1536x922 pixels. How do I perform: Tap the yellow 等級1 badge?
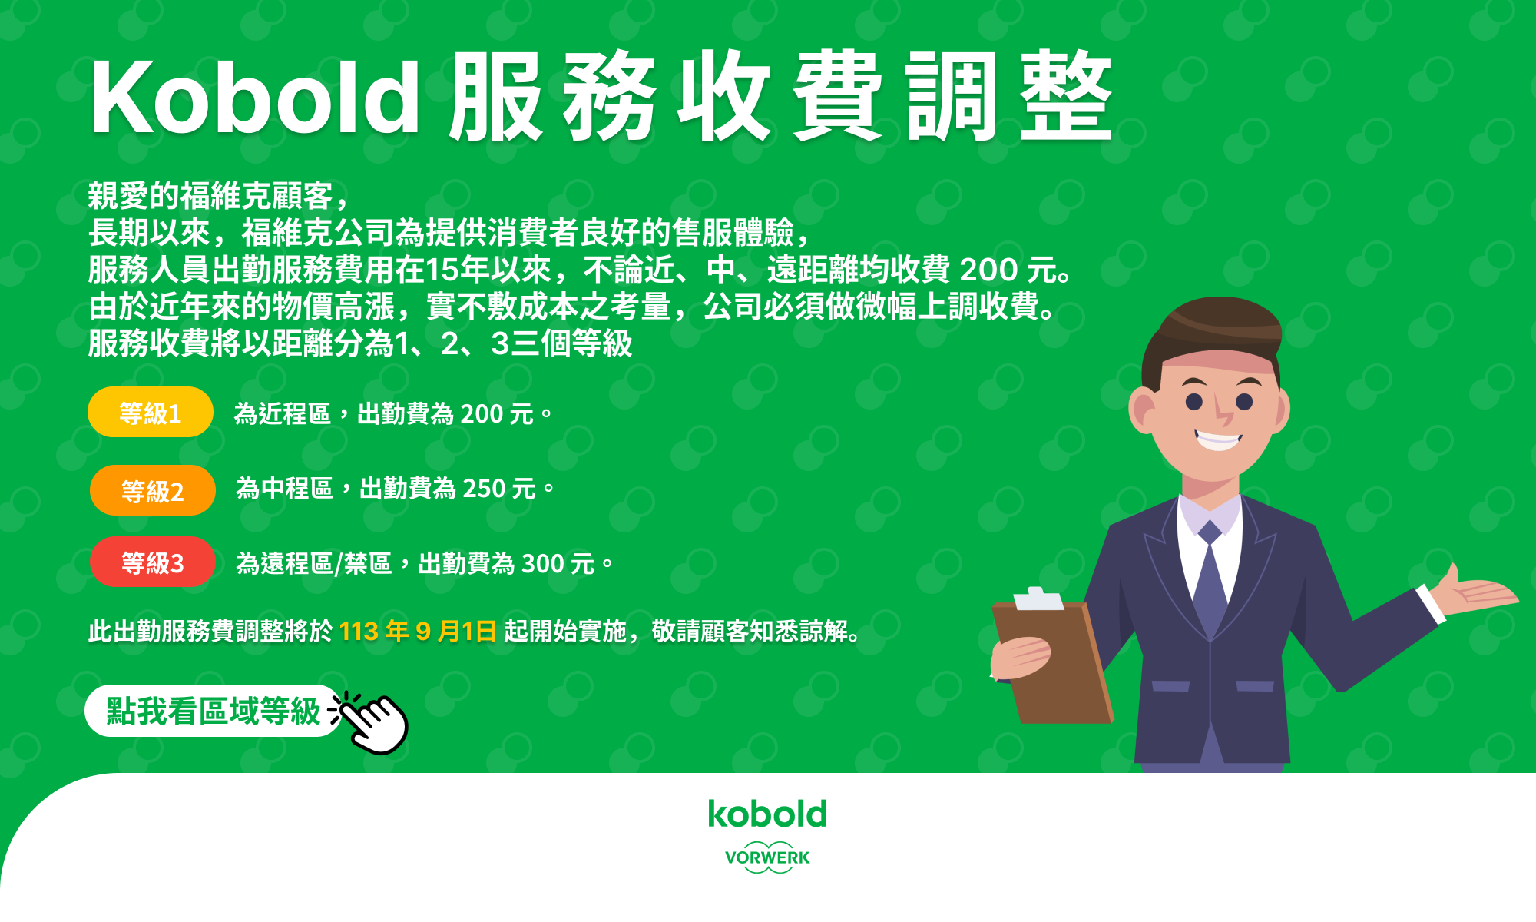151,413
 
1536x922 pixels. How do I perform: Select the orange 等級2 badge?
152,490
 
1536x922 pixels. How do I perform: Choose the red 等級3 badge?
152,562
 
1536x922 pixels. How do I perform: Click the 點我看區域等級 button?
213,711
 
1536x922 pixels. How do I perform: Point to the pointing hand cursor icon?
371,722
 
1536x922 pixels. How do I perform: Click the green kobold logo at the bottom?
767,814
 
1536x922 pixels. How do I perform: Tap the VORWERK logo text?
767,857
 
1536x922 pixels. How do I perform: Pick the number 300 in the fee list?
543,564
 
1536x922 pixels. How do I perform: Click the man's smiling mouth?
1218,440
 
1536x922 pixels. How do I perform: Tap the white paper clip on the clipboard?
1038,598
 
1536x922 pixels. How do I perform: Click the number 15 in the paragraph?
441,270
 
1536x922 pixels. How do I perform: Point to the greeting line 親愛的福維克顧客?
210,196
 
